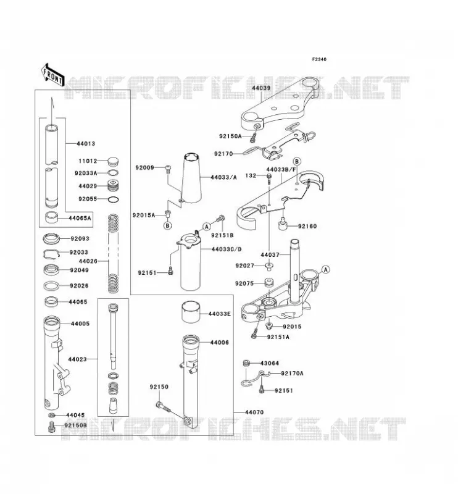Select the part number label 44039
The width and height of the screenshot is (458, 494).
click(261, 88)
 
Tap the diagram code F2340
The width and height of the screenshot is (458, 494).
click(319, 59)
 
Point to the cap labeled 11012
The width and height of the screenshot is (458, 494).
click(113, 161)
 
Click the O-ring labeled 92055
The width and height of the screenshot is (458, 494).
click(114, 199)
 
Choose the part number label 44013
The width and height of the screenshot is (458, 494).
click(86, 144)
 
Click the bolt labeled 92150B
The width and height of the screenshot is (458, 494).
click(52, 427)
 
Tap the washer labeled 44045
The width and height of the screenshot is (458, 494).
click(52, 415)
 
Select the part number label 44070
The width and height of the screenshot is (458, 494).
click(254, 412)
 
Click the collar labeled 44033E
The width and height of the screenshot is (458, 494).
click(190, 312)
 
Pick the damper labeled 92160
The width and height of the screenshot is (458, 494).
click(283, 225)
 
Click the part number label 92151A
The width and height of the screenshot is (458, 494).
click(278, 337)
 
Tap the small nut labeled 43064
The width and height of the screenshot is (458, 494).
click(246, 363)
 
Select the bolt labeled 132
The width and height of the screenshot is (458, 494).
click(269, 178)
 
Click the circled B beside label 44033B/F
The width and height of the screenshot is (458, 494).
click(297, 161)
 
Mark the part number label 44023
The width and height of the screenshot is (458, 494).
click(77, 359)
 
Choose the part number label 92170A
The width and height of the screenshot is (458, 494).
click(293, 374)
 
